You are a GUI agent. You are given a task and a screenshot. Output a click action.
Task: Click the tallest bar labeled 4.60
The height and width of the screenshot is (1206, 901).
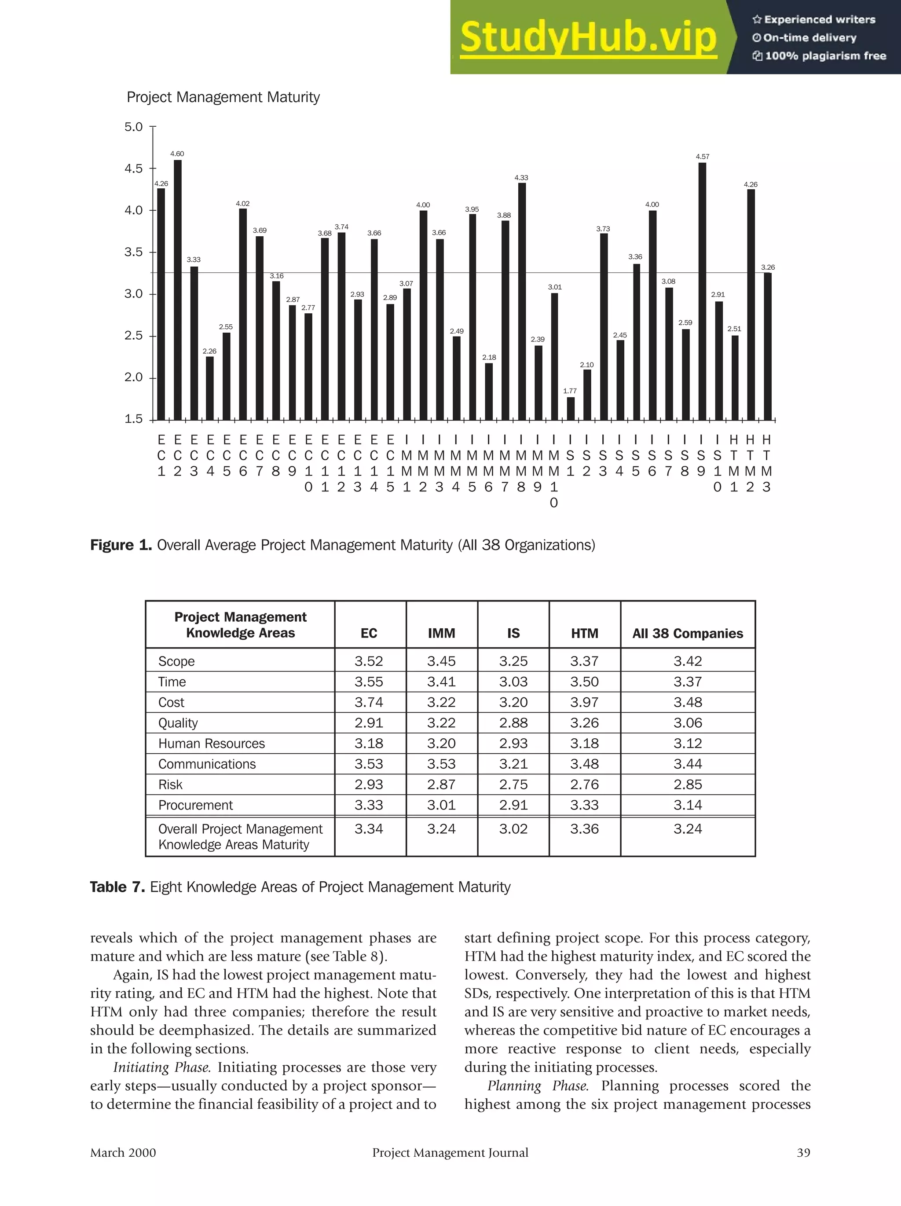(177, 289)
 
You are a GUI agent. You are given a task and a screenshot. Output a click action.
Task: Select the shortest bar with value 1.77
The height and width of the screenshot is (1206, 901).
(571, 408)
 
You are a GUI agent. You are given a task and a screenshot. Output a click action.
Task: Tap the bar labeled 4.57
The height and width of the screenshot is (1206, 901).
(702, 291)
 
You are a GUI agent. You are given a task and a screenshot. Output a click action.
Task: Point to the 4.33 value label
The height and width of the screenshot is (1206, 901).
(521, 178)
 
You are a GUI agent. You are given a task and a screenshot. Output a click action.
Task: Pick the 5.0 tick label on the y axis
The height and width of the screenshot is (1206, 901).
(134, 127)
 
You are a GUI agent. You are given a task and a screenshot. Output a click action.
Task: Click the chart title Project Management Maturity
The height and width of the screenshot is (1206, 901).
(223, 97)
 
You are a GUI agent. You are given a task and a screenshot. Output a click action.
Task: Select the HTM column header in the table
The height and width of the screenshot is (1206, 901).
(584, 633)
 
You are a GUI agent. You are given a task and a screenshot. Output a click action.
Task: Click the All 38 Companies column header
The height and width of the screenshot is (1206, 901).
(687, 633)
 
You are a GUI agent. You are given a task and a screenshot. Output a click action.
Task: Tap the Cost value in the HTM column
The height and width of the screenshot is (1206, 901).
(584, 702)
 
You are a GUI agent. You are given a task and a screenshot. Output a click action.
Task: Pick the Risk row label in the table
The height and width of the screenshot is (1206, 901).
(170, 784)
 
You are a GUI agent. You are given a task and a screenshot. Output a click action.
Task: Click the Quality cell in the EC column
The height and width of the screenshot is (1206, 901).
(369, 723)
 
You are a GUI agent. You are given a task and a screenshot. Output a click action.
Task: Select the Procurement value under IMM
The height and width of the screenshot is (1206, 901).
(441, 805)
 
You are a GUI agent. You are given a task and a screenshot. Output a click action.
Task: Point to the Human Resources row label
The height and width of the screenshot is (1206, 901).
(212, 744)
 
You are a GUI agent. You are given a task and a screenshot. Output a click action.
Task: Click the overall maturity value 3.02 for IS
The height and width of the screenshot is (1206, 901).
(513, 829)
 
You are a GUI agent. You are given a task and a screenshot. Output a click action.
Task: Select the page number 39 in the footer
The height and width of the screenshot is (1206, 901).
(803, 1153)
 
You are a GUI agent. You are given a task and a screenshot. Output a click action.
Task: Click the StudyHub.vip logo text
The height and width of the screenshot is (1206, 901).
(588, 37)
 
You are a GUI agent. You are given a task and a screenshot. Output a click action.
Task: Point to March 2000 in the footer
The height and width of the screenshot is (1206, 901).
(123, 1153)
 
